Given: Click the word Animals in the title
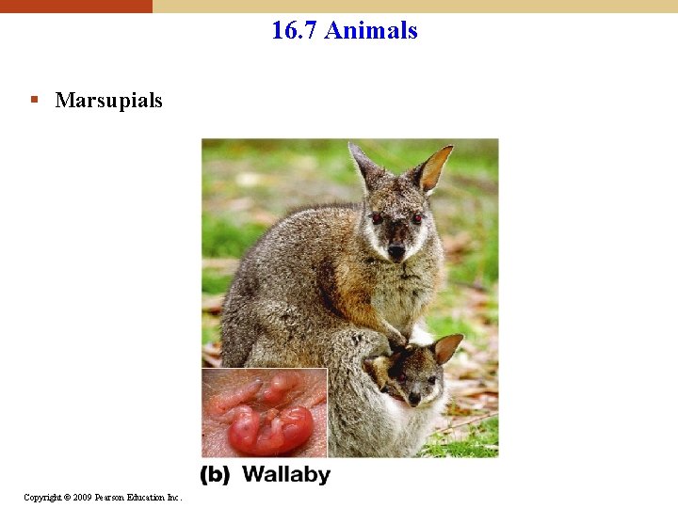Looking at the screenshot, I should click(370, 30).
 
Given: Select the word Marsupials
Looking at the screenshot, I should click(108, 100).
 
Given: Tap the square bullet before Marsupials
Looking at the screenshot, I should click(34, 99).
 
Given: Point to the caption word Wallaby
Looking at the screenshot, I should click(286, 474).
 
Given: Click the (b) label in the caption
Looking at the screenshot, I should click(215, 474).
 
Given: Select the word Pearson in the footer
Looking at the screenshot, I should click(108, 497).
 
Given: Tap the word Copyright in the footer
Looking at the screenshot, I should click(43, 497).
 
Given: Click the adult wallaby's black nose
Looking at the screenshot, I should click(396, 251).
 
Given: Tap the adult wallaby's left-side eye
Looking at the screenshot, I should click(378, 217).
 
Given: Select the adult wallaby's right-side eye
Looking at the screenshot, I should click(417, 218).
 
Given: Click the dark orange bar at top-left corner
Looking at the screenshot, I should click(75, 6).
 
